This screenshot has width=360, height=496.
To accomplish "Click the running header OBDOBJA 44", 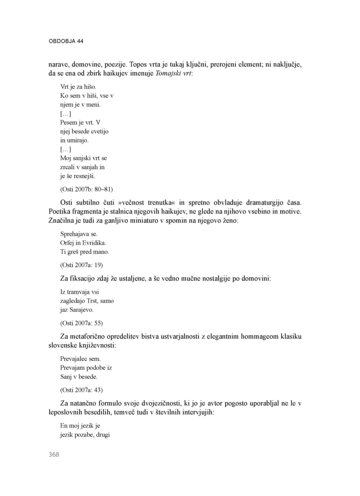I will (x=66, y=41).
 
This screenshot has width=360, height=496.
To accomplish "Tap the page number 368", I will (x=54, y=454).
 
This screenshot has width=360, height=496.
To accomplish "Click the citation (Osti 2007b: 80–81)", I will (x=86, y=189).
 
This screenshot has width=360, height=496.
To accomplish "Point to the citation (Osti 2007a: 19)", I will (x=82, y=265).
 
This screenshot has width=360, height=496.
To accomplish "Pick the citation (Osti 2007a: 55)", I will (x=82, y=323).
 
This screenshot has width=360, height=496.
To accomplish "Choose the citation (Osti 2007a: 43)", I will (x=82, y=390).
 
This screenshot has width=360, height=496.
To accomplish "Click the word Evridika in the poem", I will (x=94, y=243).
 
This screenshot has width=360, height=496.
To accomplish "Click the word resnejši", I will (x=84, y=176).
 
